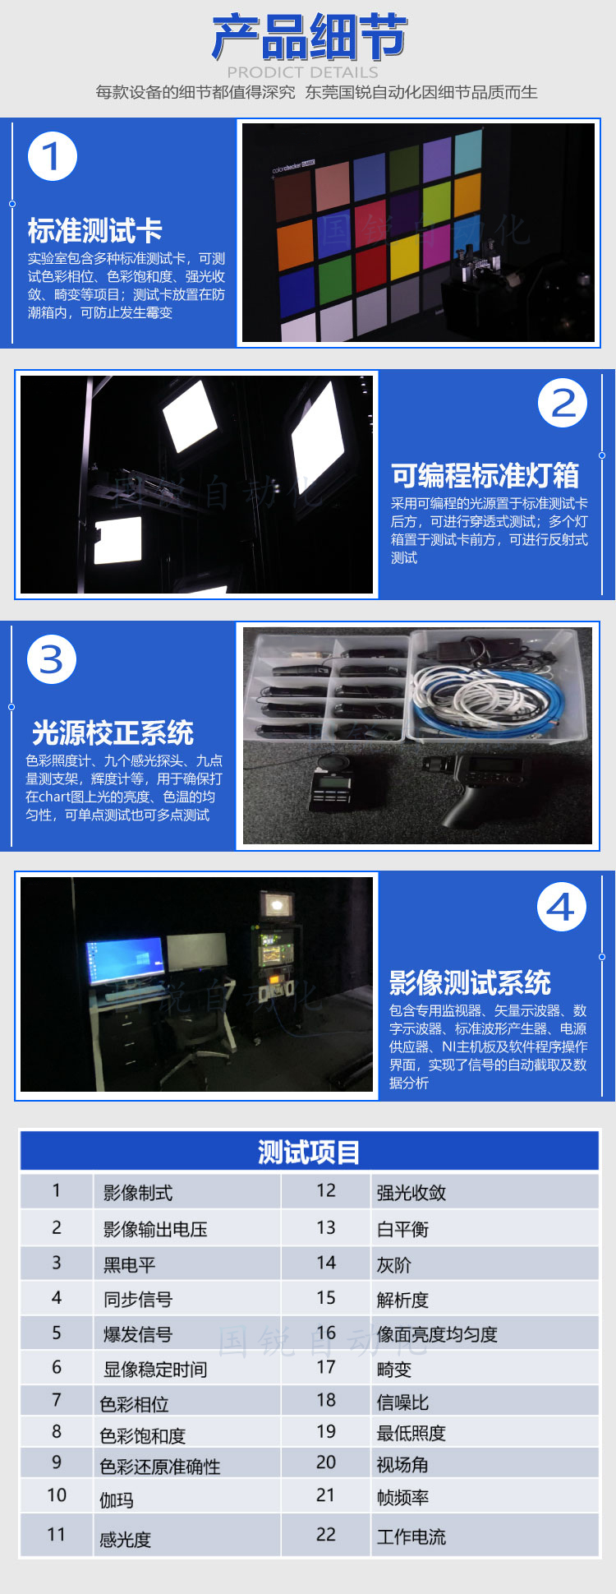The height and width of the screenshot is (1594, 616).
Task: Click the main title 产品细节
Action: (x=309, y=37)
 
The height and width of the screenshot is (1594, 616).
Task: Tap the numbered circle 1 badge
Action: (x=53, y=156)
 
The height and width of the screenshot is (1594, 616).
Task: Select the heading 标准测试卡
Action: (x=94, y=230)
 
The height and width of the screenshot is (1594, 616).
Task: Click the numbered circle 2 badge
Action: (x=563, y=403)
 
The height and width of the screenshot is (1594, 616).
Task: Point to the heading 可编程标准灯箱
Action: (x=485, y=475)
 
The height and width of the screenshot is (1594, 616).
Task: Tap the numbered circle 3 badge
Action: (x=52, y=659)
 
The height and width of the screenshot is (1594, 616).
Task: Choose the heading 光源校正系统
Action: (x=113, y=732)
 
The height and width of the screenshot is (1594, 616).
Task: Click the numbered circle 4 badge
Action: (x=562, y=907)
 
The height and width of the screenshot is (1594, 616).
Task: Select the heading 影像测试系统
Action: (x=470, y=982)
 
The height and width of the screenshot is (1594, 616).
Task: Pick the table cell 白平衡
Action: (x=402, y=1229)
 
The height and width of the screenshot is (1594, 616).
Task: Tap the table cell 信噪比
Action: (x=402, y=1402)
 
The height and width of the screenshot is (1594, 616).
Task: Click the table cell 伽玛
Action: (x=117, y=1500)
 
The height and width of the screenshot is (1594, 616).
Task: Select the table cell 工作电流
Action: (x=411, y=1536)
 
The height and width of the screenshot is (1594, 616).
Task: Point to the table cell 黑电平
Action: (x=129, y=1264)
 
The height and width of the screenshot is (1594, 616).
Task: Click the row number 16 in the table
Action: (x=326, y=1333)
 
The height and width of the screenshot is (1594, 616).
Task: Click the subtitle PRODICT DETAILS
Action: (x=302, y=72)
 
